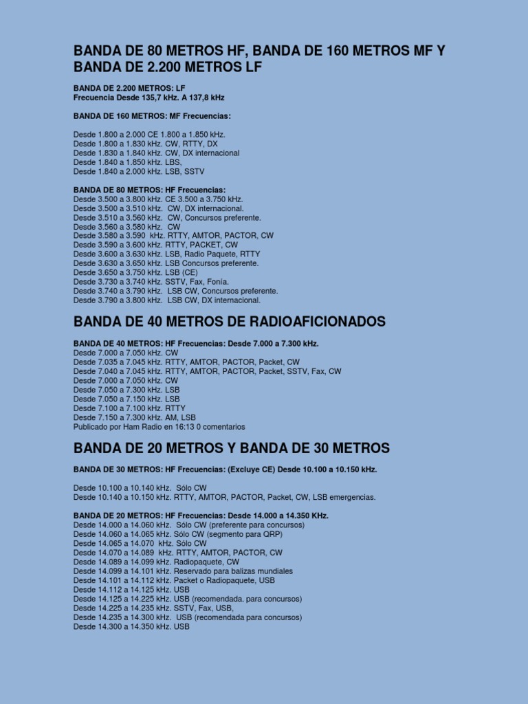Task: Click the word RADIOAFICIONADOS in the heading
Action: (307, 322)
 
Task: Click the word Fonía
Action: (214, 282)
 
